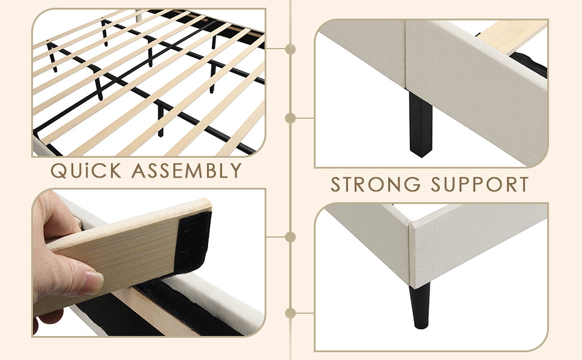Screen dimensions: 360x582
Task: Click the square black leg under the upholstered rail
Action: [421, 124]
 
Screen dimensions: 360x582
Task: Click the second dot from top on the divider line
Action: [290, 118]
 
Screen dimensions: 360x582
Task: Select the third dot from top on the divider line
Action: [290, 237]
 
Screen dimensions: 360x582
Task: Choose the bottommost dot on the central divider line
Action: [290, 313]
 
